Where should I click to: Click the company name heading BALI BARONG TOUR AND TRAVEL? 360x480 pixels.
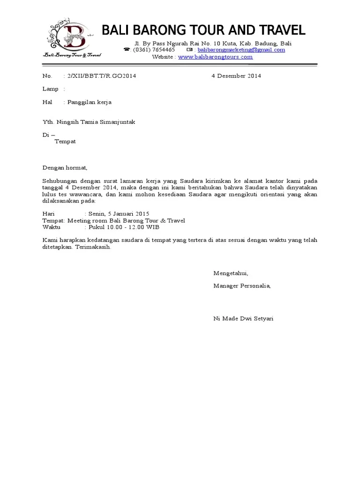tap(203, 31)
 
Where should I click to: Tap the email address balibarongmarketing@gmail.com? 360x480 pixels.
tap(241, 50)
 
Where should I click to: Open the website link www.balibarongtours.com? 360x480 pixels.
tap(215, 57)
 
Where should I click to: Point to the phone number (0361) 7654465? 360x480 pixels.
tap(154, 50)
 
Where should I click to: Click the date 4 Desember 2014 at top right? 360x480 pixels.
tap(236, 76)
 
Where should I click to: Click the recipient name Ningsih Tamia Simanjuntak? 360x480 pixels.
tap(96, 122)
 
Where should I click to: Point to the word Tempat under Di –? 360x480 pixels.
tap(65, 141)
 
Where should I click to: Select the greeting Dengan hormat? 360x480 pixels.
tap(65, 167)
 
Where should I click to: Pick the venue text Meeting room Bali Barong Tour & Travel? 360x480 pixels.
tap(126, 220)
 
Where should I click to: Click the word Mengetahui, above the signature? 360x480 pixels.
tap(231, 273)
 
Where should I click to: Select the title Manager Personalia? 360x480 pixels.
tap(242, 285)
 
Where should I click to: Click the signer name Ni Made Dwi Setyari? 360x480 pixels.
tap(243, 319)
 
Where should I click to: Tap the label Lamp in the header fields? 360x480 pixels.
tap(50, 89)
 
